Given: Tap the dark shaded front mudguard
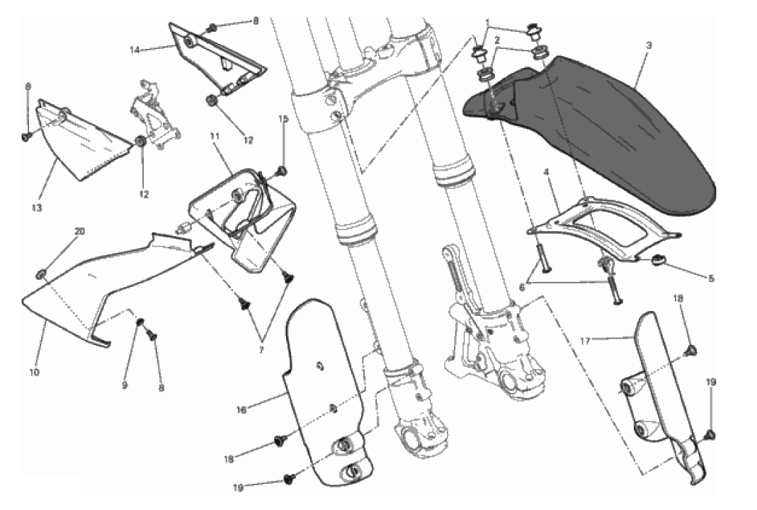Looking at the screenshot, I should point(616,127).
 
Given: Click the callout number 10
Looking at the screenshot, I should point(35,371).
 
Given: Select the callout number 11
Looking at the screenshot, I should point(215,135).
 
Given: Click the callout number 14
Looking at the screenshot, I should point(135,50).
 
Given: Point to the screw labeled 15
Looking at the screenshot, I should point(283,171).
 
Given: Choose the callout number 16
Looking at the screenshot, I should point(241,409).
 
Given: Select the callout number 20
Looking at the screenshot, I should point(79,232).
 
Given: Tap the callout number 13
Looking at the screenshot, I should point(37,208).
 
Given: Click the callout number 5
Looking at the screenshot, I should point(710,278).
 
